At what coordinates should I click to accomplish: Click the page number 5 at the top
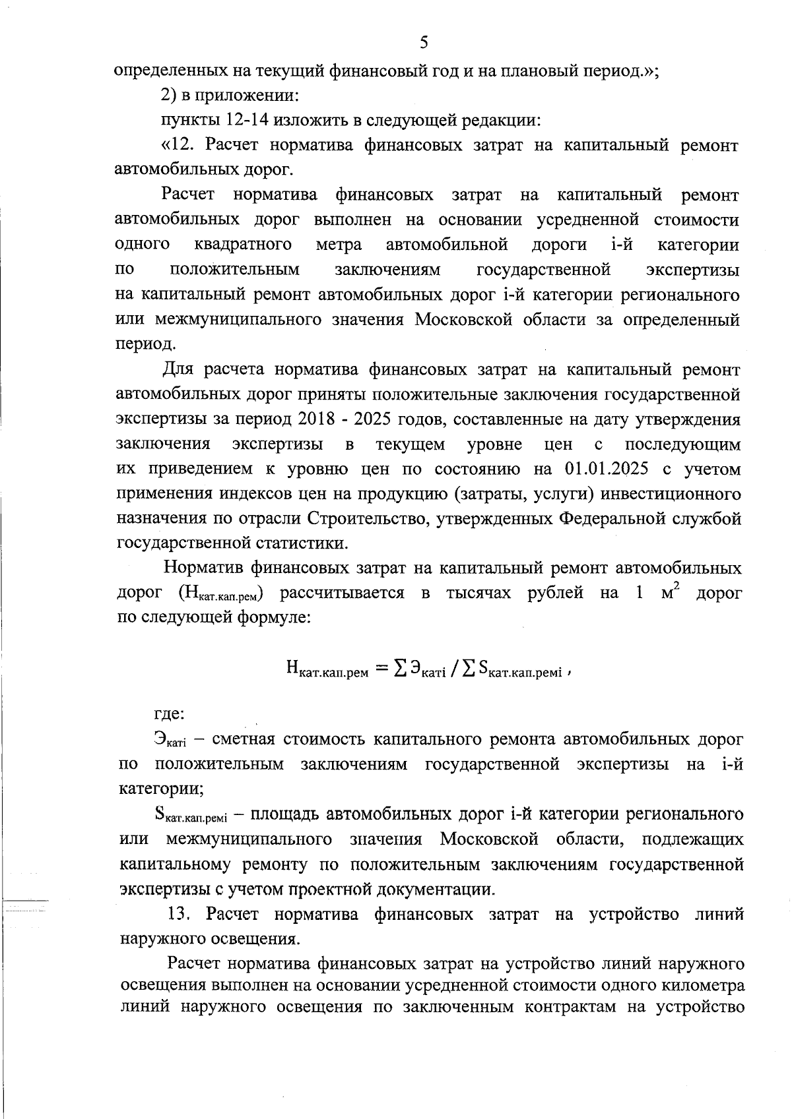424,43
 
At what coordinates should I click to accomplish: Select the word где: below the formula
170,714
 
